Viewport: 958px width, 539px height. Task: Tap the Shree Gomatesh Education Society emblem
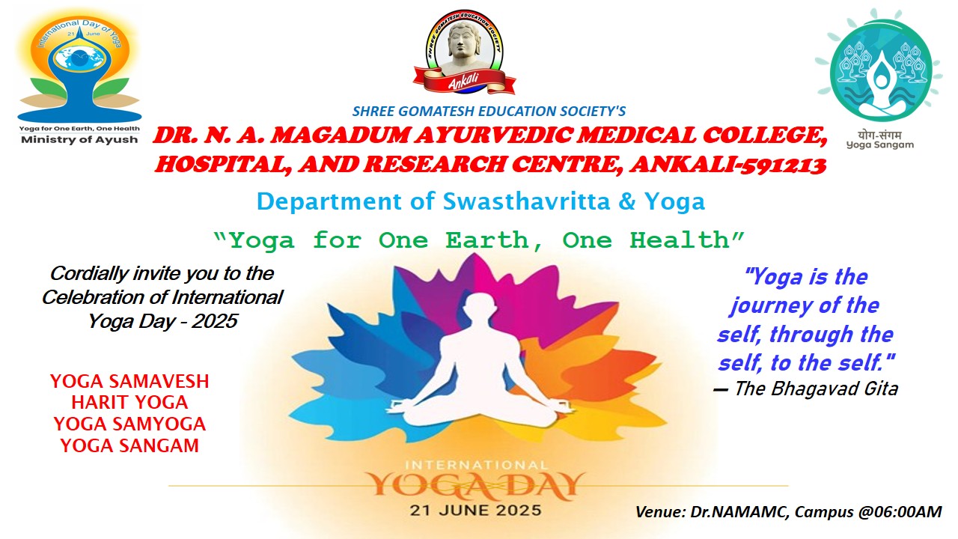point(465,52)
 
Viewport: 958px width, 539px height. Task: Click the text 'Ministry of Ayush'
point(79,140)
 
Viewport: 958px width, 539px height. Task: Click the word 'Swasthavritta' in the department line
point(526,201)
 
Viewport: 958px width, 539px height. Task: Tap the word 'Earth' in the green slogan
point(488,240)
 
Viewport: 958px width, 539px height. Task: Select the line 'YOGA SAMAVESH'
point(129,381)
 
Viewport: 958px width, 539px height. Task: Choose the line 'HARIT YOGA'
point(129,403)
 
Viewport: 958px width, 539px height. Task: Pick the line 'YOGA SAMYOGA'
point(129,424)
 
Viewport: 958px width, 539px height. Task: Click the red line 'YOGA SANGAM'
point(129,445)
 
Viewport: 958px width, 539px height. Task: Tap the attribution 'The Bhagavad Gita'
point(816,389)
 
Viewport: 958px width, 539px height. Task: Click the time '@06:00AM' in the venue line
point(900,512)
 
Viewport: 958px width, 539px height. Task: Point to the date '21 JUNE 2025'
point(475,511)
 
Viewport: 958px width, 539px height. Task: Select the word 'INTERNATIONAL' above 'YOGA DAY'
point(476,465)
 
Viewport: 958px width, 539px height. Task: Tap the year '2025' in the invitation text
point(214,321)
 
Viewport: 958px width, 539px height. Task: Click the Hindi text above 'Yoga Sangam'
point(879,135)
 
